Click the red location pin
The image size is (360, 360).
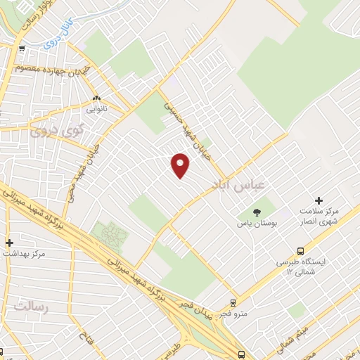pos(181,165)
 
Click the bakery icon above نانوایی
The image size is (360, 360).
pos(96,98)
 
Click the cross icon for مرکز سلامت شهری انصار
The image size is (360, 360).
pos(320,201)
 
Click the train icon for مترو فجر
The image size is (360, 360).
pos(233,304)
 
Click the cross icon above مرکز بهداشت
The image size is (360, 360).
pos(9,240)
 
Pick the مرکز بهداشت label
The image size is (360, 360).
pos(24,252)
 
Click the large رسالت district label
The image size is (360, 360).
pos(30,307)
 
